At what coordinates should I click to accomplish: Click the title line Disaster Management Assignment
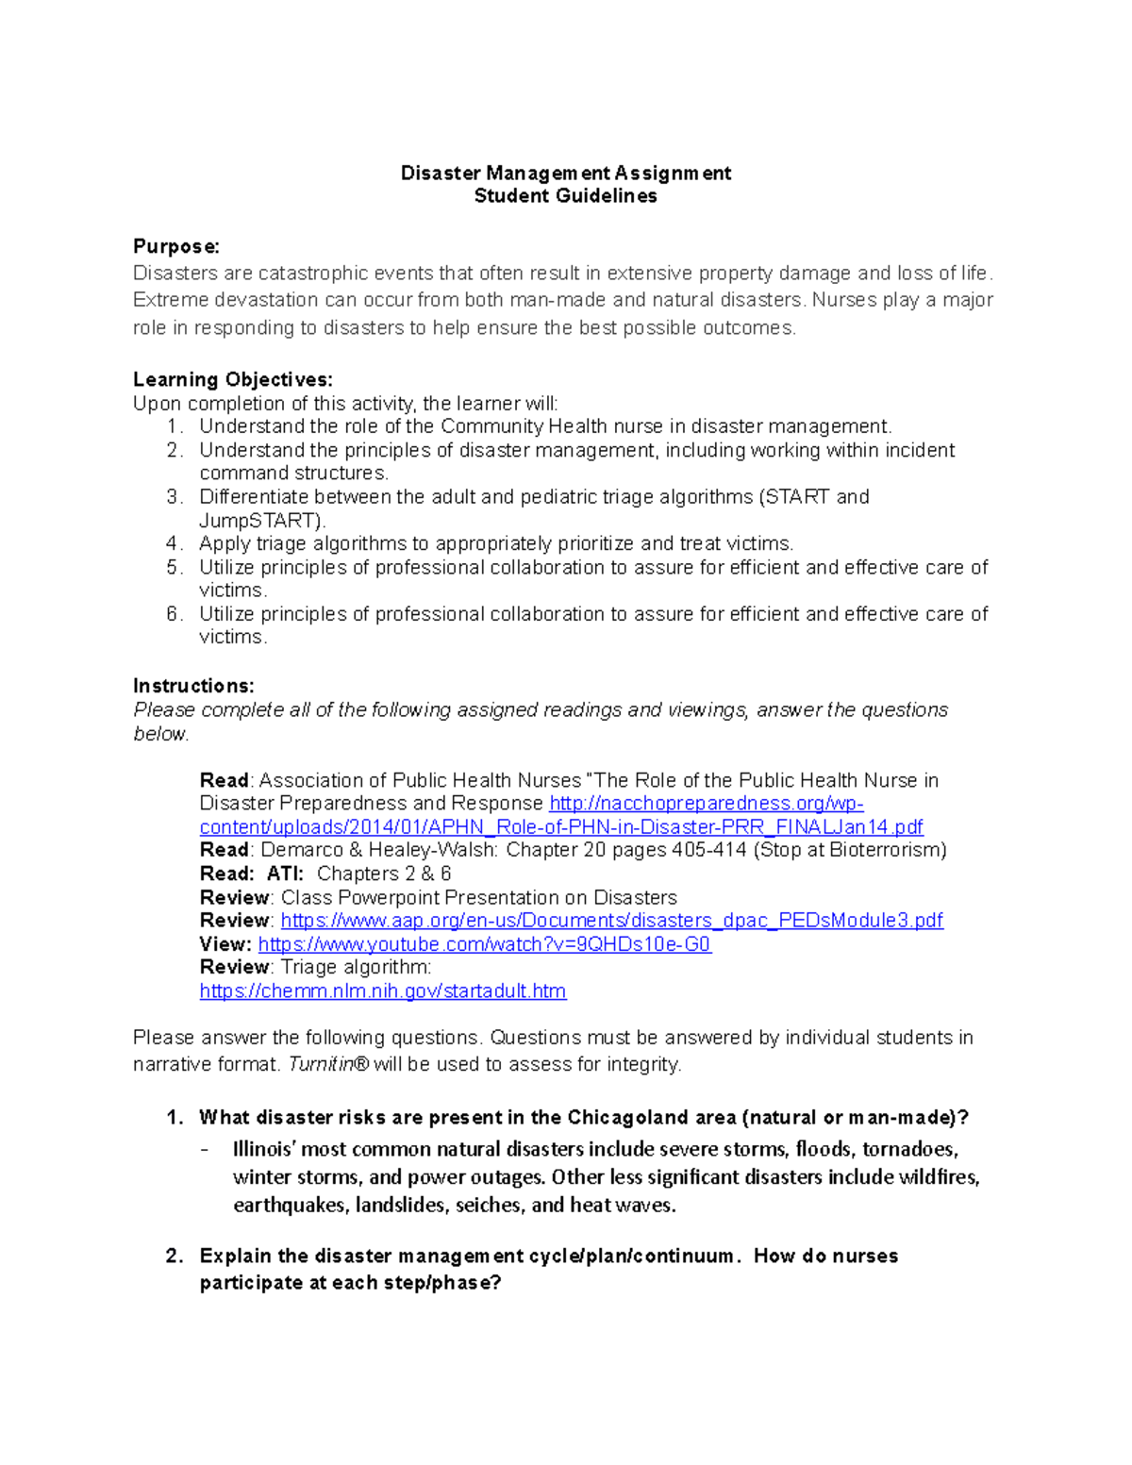pyautogui.click(x=565, y=173)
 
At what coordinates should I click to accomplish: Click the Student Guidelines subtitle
pyautogui.click(x=565, y=196)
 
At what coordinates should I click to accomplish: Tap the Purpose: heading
pyautogui.click(x=176, y=247)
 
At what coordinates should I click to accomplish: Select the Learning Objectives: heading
pyautogui.click(x=232, y=380)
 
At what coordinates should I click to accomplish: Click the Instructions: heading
pyautogui.click(x=193, y=686)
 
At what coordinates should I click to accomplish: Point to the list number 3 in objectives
pyautogui.click(x=173, y=497)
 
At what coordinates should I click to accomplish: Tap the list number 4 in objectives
pyautogui.click(x=173, y=543)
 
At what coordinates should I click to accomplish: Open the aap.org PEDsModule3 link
pyautogui.click(x=611, y=921)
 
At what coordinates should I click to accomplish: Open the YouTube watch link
pyautogui.click(x=484, y=944)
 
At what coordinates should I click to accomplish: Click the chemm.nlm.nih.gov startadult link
pyautogui.click(x=382, y=991)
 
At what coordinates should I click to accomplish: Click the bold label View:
pyautogui.click(x=225, y=944)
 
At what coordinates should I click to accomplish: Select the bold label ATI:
pyautogui.click(x=285, y=874)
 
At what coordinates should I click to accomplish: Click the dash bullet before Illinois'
pyautogui.click(x=205, y=1150)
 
